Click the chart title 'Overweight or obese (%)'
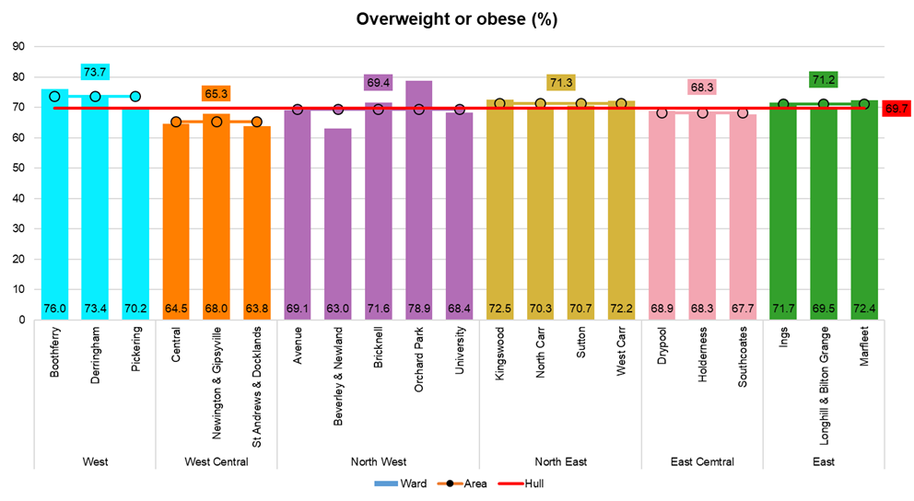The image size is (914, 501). tap(457, 19)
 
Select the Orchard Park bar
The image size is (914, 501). tap(419, 203)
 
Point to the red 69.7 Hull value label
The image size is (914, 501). tap(895, 109)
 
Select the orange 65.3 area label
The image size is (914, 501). tap(217, 94)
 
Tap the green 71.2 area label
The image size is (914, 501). tap(823, 80)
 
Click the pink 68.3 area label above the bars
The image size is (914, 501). tap(702, 87)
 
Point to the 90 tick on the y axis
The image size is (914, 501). tap(18, 47)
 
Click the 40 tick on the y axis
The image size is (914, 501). tap(18, 199)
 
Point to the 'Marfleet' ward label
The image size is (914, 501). tap(864, 346)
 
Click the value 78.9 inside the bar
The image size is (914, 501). tap(419, 308)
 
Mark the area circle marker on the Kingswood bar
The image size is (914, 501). tap(500, 104)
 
